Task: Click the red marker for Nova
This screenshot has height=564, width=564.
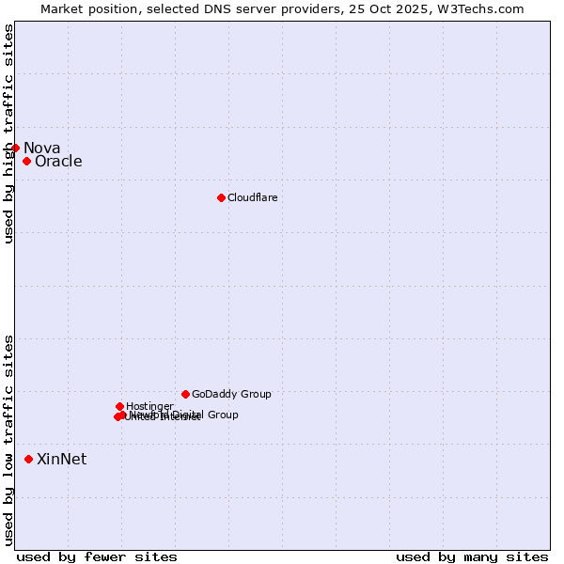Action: tap(15, 148)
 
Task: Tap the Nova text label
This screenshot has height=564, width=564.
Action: tap(41, 148)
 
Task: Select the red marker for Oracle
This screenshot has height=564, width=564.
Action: tap(26, 161)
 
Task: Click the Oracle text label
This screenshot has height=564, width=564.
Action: tap(58, 161)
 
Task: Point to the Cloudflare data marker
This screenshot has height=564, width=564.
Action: tap(221, 197)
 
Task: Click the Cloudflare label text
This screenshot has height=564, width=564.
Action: tap(252, 197)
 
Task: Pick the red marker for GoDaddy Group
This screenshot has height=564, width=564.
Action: tap(185, 394)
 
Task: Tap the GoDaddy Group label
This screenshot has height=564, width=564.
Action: tap(231, 394)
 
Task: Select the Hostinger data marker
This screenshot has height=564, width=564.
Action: tap(119, 406)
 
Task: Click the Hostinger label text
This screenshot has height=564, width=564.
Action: tap(149, 406)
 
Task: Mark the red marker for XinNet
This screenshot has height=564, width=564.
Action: tap(28, 459)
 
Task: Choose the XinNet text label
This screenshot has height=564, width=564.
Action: tap(61, 459)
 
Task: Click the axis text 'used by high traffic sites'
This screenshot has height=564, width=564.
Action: tap(8, 133)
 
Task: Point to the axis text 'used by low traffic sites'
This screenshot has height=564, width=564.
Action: tap(8, 439)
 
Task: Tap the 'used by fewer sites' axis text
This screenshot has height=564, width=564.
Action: tap(97, 556)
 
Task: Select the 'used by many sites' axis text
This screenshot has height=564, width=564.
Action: tap(472, 556)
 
